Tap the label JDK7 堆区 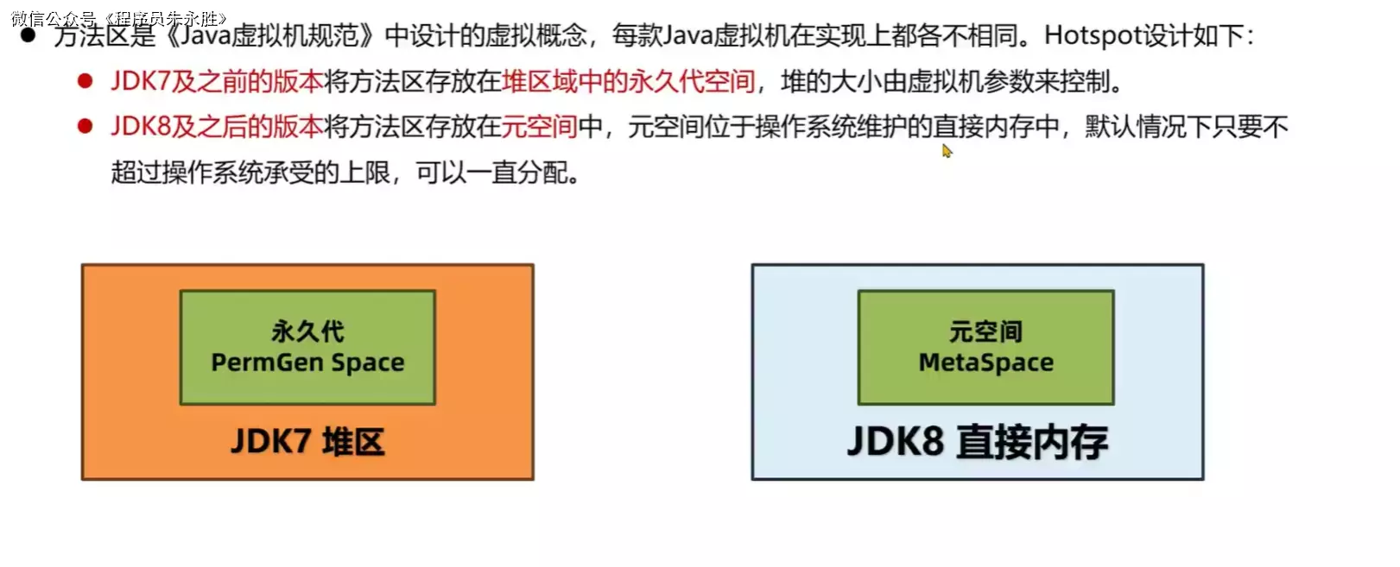point(307,442)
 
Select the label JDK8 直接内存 point(978,442)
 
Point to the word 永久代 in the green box point(307,331)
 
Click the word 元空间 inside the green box point(985,331)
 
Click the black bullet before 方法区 point(28,35)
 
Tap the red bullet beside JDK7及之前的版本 point(85,81)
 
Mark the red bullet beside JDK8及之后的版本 point(85,127)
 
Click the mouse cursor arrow point(946,150)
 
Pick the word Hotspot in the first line point(1091,35)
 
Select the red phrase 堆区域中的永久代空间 point(628,81)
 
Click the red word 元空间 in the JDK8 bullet point(539,127)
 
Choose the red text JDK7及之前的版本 point(217,81)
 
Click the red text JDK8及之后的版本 point(217,127)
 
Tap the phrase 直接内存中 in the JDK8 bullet point(996,127)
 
